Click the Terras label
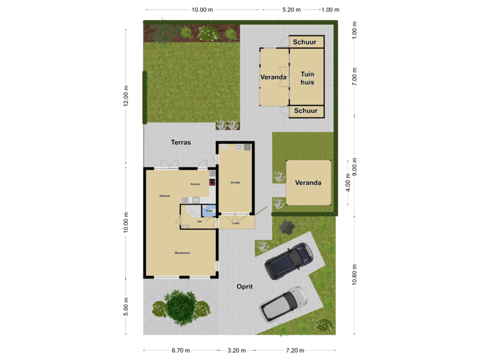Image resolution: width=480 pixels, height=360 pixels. pyautogui.click(x=181, y=142)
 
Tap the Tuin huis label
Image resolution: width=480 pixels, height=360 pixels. pyautogui.click(x=307, y=78)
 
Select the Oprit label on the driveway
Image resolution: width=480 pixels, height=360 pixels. pyautogui.click(x=245, y=287)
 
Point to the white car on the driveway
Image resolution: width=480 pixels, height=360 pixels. pyautogui.click(x=283, y=304)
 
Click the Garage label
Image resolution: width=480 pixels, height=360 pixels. pyautogui.click(x=235, y=182)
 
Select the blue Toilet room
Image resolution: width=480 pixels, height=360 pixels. pyautogui.click(x=209, y=211)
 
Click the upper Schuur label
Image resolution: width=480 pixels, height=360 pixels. pyautogui.click(x=306, y=42)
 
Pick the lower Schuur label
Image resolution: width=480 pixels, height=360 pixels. pyautogui.click(x=306, y=111)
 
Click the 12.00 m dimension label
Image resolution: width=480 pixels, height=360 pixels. pyautogui.click(x=125, y=96)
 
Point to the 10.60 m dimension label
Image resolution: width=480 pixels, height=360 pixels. pyautogui.click(x=354, y=275)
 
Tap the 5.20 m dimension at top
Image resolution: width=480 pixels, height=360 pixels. pyautogui.click(x=291, y=10)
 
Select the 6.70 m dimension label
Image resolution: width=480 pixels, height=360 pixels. pyautogui.click(x=181, y=350)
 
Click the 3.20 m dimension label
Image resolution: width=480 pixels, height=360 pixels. pyautogui.click(x=237, y=350)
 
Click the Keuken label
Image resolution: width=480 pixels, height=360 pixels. pyautogui.click(x=195, y=184)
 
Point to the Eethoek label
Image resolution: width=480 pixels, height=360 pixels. pyautogui.click(x=165, y=196)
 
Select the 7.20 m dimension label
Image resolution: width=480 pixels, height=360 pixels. pyautogui.click(x=295, y=350)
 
